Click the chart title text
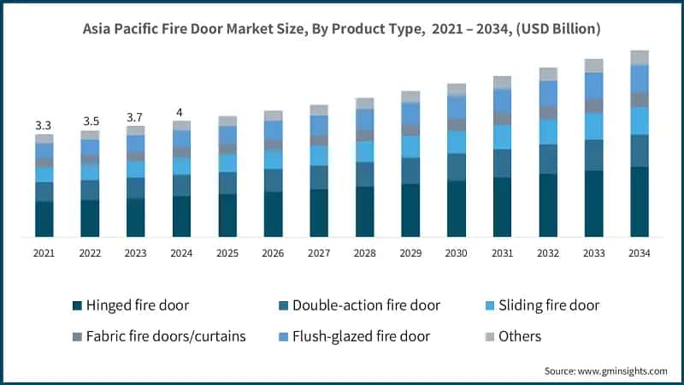342,29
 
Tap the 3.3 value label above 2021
44,126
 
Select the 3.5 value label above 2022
90,121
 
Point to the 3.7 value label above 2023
135,117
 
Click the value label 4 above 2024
181,112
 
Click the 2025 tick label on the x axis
227,253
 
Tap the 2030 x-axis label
457,253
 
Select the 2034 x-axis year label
640,253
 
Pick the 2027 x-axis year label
319,253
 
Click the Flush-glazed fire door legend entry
359,336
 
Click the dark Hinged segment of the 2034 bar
640,202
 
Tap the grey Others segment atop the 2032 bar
548,74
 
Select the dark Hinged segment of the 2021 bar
44,219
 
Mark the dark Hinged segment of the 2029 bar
410,210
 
